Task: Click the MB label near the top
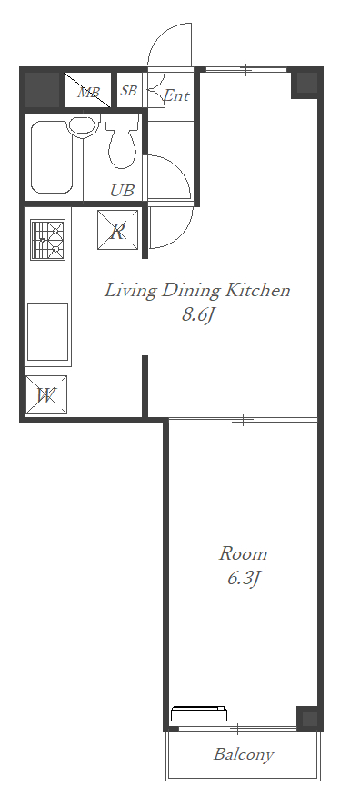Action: tap(88, 93)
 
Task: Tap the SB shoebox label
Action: tap(128, 90)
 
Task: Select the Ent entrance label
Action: tap(176, 95)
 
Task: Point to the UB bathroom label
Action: tap(123, 191)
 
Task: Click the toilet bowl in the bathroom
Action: tap(122, 141)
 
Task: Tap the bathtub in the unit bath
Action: tap(52, 157)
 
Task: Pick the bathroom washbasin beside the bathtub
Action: tap(82, 124)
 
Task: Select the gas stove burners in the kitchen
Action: tap(48, 240)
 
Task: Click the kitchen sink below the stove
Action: tap(47, 332)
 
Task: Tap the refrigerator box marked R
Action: tap(118, 230)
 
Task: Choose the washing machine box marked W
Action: tap(46, 395)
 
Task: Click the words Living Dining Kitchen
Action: tap(197, 291)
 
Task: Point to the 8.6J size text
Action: tap(196, 315)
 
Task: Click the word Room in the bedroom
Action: tap(243, 553)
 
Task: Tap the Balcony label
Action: tap(244, 755)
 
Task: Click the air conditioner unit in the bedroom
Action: tap(198, 713)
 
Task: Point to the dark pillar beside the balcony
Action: tap(307, 718)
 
